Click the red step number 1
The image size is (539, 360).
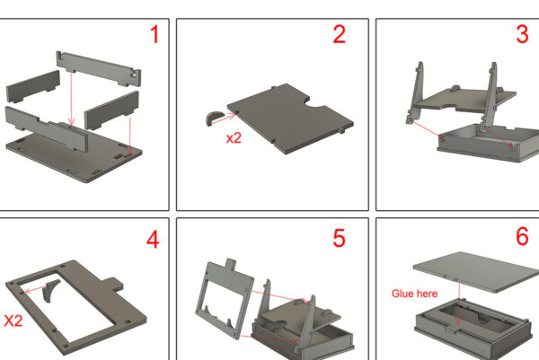pyautogui.click(x=155, y=34)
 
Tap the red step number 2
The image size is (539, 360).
pyautogui.click(x=340, y=34)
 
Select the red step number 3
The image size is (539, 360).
pyautogui.click(x=522, y=34)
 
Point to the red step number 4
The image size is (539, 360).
pyautogui.click(x=153, y=239)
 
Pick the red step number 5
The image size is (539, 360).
pyautogui.click(x=339, y=238)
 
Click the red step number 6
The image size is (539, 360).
pyautogui.click(x=522, y=236)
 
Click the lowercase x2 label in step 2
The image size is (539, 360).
pyautogui.click(x=234, y=138)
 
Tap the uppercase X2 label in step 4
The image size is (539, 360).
pyautogui.click(x=13, y=320)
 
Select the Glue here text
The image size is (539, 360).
pyautogui.click(x=414, y=294)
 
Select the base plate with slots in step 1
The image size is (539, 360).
pyautogui.click(x=74, y=156)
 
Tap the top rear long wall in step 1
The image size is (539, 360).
pyautogui.click(x=99, y=68)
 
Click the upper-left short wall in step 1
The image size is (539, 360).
pyautogui.click(x=33, y=86)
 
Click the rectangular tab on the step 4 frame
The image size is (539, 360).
pyautogui.click(x=114, y=285)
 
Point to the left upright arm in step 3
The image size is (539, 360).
pyautogui.click(x=416, y=92)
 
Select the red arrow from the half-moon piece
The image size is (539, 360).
pyautogui.click(x=224, y=119)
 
